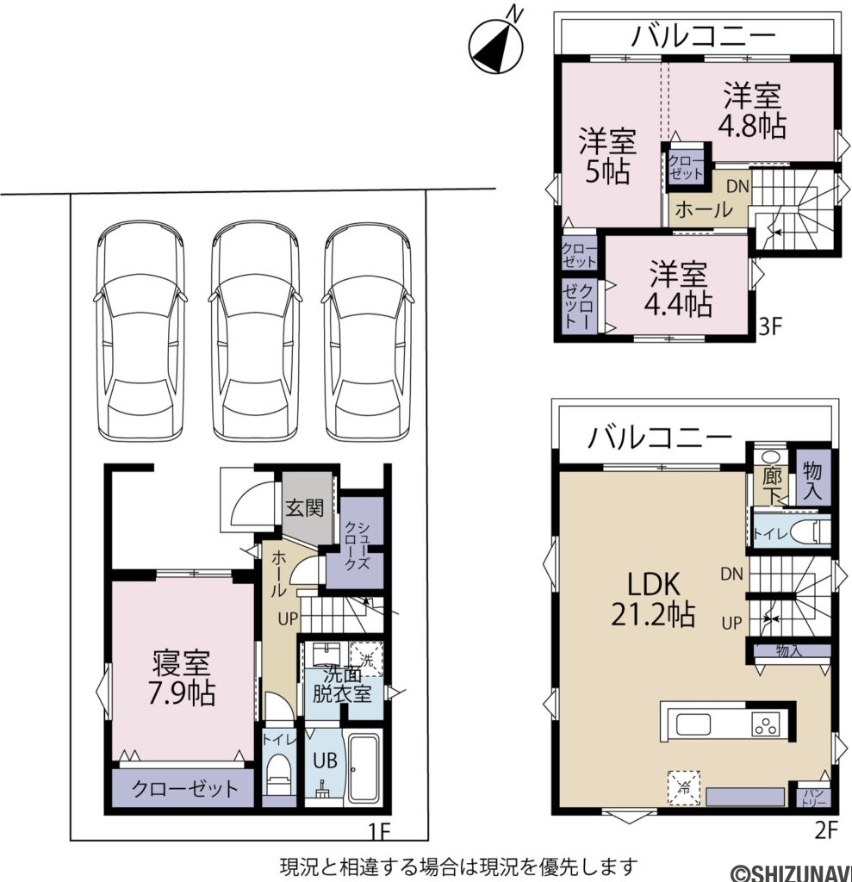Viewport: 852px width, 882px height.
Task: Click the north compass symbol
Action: point(497,43)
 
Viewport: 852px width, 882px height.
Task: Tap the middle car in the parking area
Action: point(254,332)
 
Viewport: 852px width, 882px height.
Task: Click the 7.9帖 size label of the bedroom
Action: point(181,693)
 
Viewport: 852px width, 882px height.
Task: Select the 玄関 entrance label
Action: point(306,507)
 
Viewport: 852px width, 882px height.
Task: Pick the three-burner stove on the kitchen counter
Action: point(764,724)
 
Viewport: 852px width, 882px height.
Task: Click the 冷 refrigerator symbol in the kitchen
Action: point(683,786)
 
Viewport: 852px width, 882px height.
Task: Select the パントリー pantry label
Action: point(812,796)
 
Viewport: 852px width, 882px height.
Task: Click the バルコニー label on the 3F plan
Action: point(702,36)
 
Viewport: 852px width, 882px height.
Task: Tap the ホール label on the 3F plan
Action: point(703,209)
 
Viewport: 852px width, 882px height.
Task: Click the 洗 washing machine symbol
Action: point(367,660)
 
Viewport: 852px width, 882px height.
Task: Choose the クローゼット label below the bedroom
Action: point(184,789)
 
